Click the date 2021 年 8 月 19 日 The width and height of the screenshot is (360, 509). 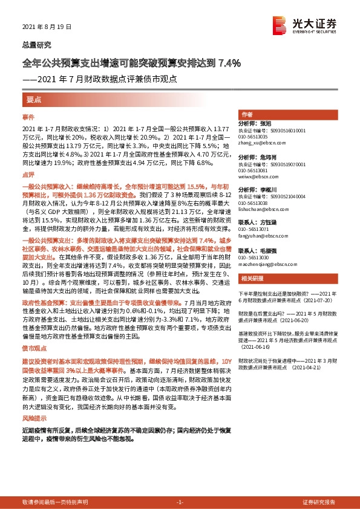(46, 27)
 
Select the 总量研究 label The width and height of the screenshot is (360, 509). (36, 45)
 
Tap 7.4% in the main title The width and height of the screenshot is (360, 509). (230, 62)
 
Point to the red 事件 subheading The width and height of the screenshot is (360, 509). (28, 115)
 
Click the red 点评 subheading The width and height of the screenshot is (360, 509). (28, 173)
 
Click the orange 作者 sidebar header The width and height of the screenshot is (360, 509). (246, 114)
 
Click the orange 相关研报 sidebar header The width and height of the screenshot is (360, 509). (250, 278)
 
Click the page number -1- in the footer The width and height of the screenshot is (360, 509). (180, 502)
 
